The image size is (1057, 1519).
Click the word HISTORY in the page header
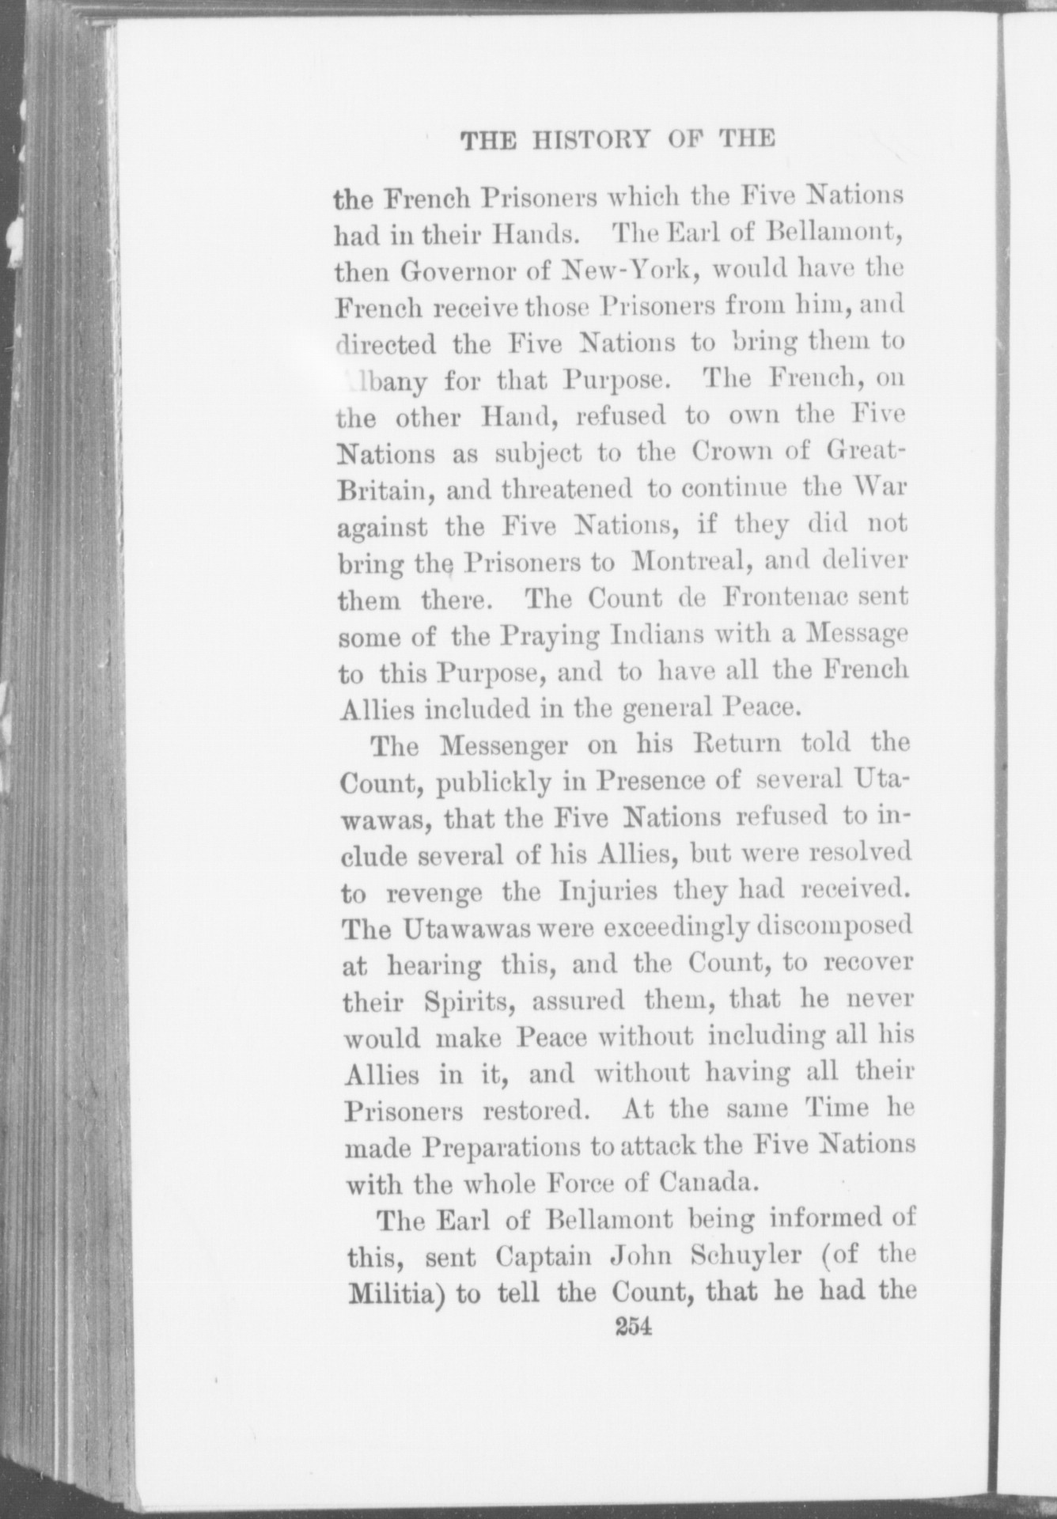pyautogui.click(x=591, y=140)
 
